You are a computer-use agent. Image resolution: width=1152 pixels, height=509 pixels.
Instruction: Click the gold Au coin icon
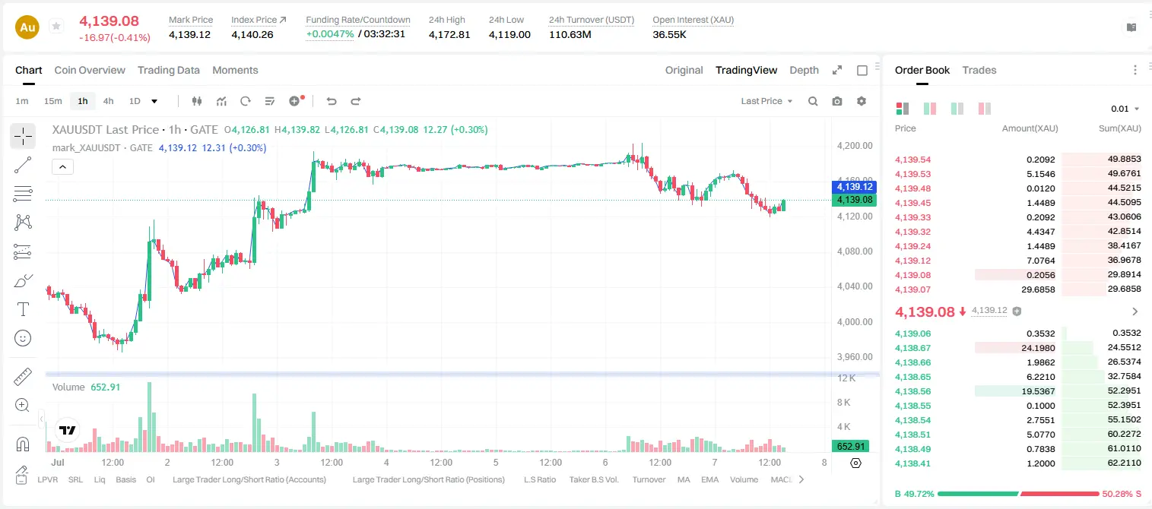click(27, 27)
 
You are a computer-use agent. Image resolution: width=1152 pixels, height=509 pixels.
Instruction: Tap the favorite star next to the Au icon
click(56, 26)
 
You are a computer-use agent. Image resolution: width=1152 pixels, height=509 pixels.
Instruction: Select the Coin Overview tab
click(90, 70)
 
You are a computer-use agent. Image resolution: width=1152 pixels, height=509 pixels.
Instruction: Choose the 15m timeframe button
click(52, 101)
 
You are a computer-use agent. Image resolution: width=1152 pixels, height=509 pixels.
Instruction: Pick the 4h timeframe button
click(108, 101)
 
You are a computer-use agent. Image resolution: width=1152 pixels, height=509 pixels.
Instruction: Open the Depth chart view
click(804, 70)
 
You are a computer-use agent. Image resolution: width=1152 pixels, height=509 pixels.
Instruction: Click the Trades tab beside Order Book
click(979, 70)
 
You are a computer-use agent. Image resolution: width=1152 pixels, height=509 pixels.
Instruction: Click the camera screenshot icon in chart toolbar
click(837, 101)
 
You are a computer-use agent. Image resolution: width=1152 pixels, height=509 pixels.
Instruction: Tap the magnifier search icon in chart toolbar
click(813, 101)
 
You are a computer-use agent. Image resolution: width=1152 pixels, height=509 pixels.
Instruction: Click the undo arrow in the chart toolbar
click(332, 101)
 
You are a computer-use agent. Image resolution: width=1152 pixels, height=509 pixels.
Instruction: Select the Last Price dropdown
click(766, 101)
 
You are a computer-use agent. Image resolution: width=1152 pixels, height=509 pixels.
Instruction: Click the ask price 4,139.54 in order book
click(913, 160)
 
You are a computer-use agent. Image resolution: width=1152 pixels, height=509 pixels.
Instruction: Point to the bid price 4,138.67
click(913, 348)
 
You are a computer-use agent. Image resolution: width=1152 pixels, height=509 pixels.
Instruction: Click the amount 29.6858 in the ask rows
click(1038, 289)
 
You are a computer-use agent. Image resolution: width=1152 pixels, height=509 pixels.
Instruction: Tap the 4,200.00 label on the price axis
click(855, 146)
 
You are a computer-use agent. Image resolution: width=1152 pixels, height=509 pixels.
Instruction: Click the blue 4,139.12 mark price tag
click(854, 187)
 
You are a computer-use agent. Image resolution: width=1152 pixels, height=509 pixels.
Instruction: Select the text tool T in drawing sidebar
click(23, 309)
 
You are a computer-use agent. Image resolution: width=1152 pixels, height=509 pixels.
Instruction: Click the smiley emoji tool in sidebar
click(23, 338)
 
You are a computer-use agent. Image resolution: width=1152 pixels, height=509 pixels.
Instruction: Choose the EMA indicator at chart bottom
click(709, 479)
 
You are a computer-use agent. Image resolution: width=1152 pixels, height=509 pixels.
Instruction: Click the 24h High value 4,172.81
click(449, 34)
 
